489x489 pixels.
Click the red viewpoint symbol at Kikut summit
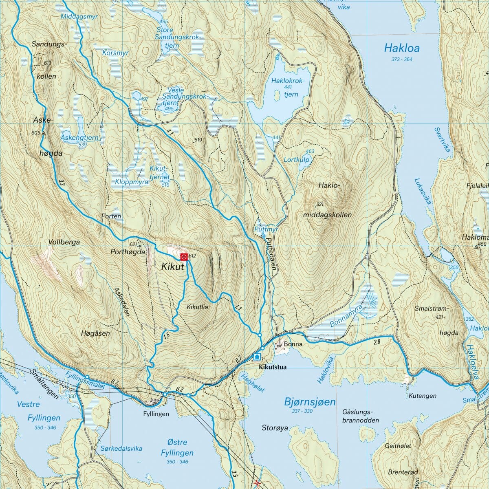tap(184, 256)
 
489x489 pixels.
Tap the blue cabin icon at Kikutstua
tap(257, 357)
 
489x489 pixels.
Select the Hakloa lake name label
tap(401, 48)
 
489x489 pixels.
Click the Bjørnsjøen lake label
tap(309, 402)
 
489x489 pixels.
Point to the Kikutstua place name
tap(272, 367)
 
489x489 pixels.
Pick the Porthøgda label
tap(128, 252)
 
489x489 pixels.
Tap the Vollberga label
tap(64, 242)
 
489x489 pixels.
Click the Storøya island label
tap(274, 428)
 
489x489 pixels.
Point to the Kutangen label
tap(422, 396)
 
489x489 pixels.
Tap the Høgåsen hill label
tap(95, 333)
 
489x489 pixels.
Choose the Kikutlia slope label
tap(198, 307)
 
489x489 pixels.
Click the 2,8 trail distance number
tap(377, 341)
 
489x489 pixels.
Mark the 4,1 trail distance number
tap(170, 132)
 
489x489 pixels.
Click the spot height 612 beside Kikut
tap(193, 256)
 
